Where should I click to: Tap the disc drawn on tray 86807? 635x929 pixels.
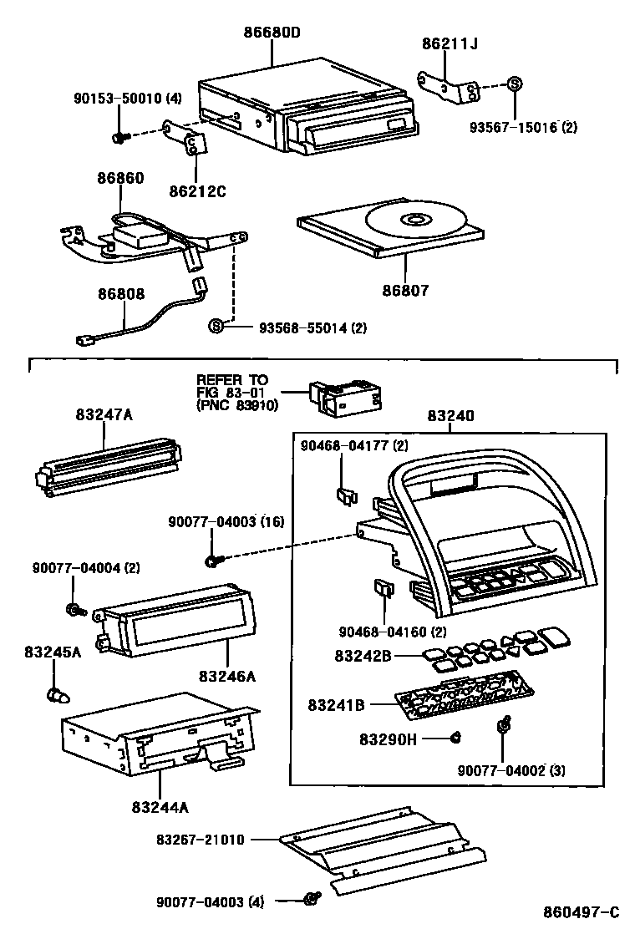click(x=413, y=221)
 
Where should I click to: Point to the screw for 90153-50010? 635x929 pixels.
click(x=120, y=136)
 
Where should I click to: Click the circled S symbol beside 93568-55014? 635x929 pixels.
click(x=216, y=326)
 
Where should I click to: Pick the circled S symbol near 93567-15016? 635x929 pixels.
click(x=515, y=84)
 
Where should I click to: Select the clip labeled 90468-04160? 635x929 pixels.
click(x=381, y=591)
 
